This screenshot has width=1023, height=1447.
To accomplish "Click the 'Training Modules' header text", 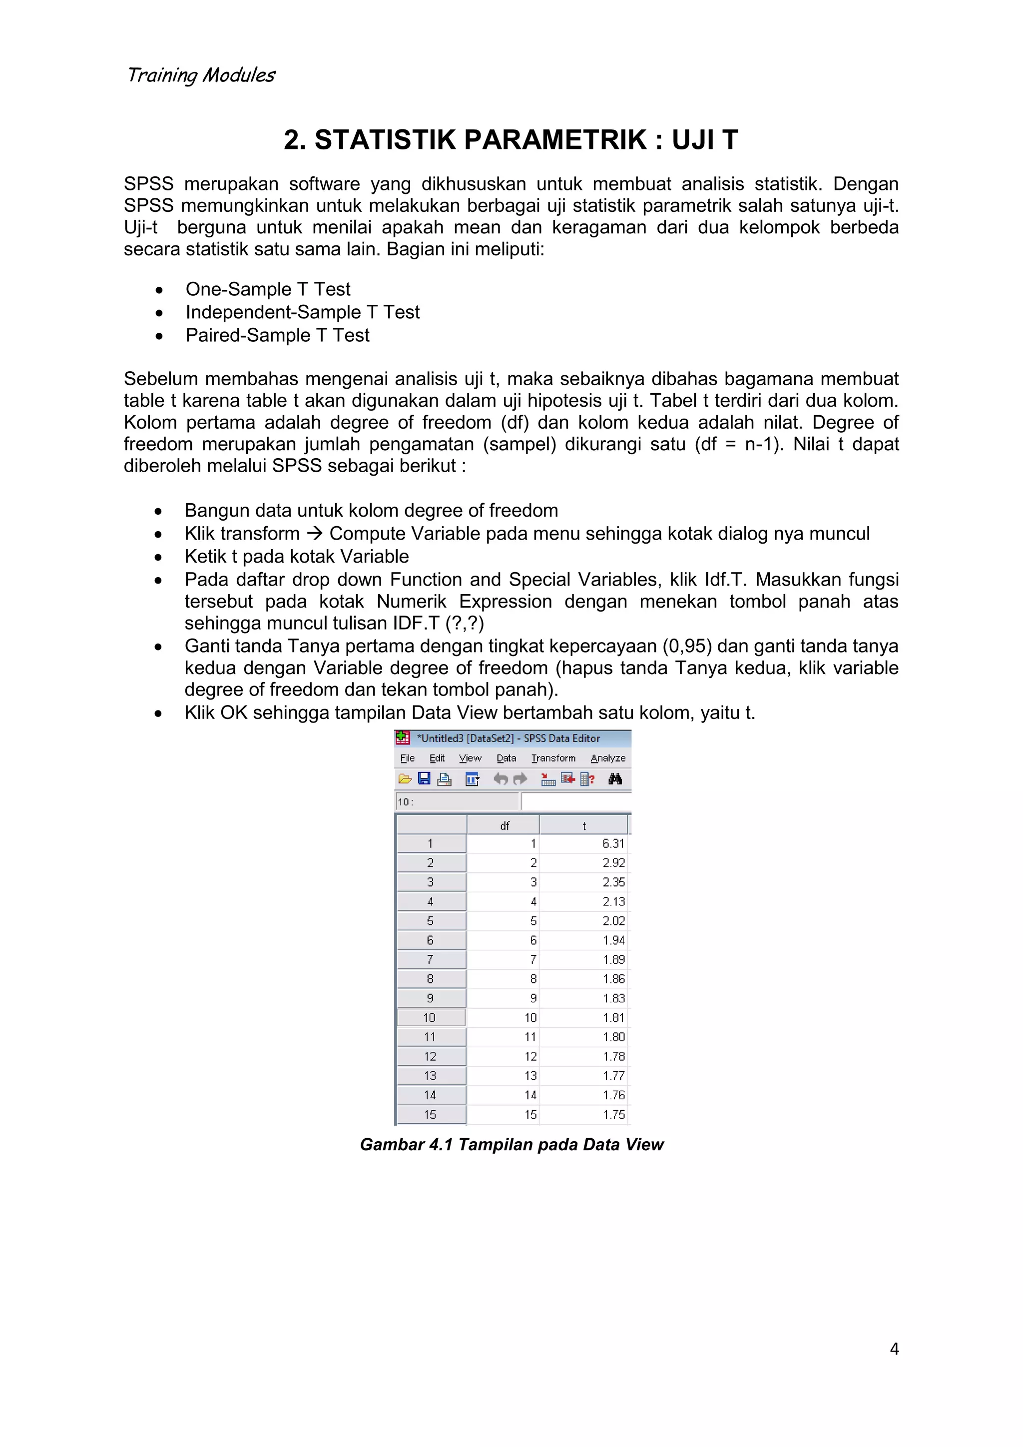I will (201, 75).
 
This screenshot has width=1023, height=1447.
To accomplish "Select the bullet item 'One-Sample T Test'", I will (268, 289).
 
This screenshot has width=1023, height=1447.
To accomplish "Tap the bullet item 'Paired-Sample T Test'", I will (277, 335).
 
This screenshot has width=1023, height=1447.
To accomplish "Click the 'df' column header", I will (504, 825).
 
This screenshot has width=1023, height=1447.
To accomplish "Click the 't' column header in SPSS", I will (584, 825).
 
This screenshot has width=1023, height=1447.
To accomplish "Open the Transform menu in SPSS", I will (553, 758).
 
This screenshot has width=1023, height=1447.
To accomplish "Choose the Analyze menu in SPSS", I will (608, 758).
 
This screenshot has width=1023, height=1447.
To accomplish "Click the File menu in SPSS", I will (408, 758).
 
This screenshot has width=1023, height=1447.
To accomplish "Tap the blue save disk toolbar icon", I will (424, 779).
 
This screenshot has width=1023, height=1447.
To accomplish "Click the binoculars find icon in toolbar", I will (615, 779).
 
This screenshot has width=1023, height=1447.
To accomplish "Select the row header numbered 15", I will (430, 1114).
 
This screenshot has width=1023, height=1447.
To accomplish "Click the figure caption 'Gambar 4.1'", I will (406, 1145).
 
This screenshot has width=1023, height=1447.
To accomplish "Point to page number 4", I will (894, 1349).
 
